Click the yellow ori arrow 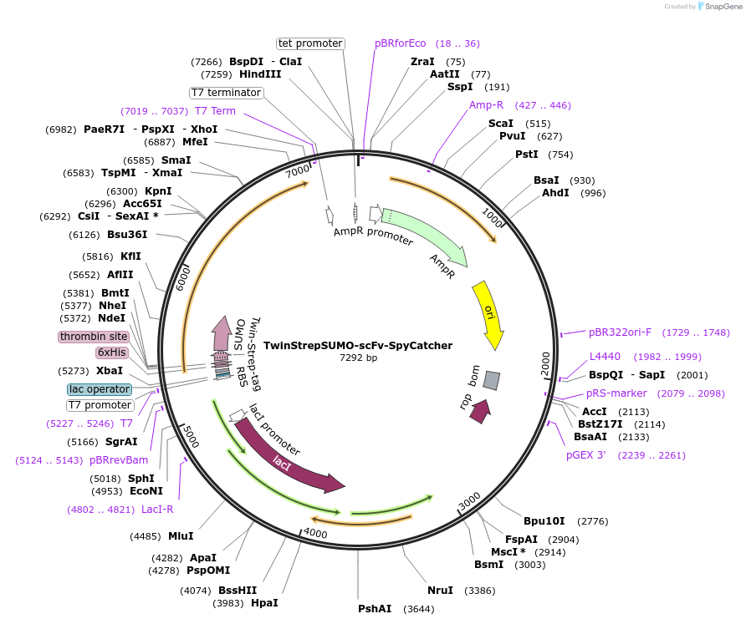click(488, 313)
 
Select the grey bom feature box click(492, 381)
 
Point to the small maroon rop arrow click(480, 412)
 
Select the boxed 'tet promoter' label click(310, 43)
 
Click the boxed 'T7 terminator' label click(227, 93)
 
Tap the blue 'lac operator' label click(100, 389)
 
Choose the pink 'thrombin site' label click(94, 337)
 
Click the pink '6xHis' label click(112, 353)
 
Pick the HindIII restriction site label click(260, 74)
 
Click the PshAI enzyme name click(375, 609)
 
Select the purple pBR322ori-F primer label click(620, 332)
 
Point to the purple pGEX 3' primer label click(585, 455)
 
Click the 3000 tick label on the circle click(470, 501)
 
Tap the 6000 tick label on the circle click(183, 278)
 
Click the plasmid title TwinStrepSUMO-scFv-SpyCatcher click(358, 346)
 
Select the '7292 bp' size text click(358, 358)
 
